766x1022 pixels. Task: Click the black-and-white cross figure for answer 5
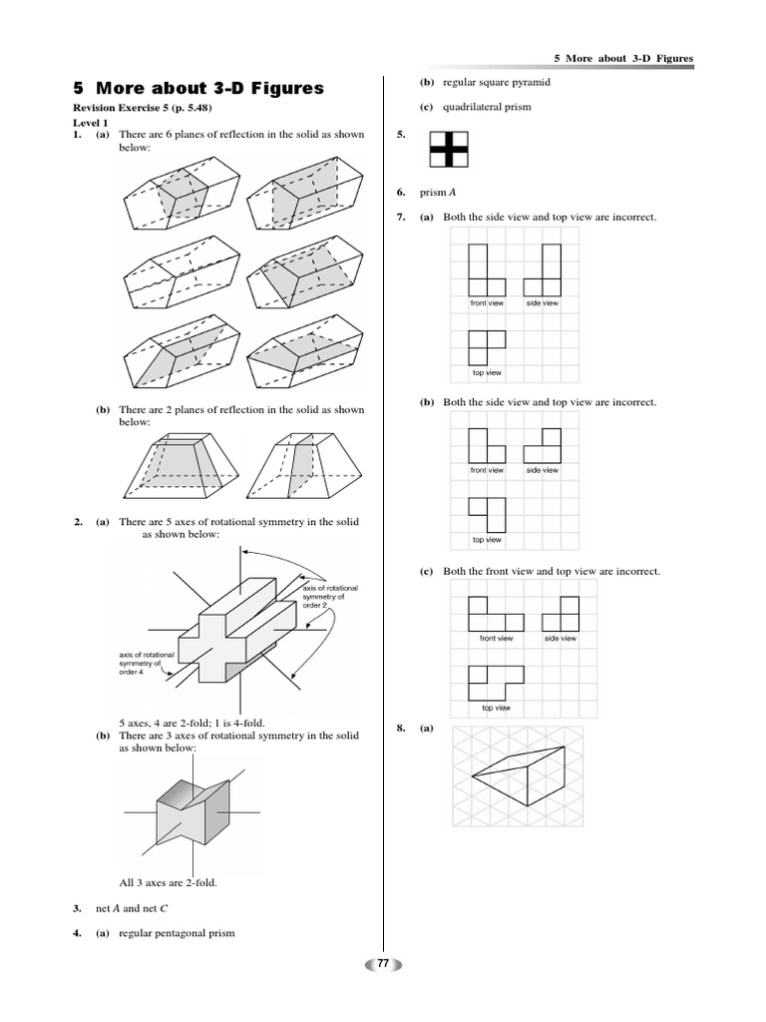[x=448, y=149]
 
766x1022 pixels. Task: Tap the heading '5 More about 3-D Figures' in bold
[x=199, y=88]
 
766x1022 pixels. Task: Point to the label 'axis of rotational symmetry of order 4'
[x=147, y=661]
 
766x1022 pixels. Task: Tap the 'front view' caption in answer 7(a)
[x=487, y=302]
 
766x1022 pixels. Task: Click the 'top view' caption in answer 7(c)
[x=496, y=708]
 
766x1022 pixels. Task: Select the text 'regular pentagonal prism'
[x=177, y=933]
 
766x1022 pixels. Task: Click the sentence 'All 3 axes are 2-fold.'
[x=168, y=882]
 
